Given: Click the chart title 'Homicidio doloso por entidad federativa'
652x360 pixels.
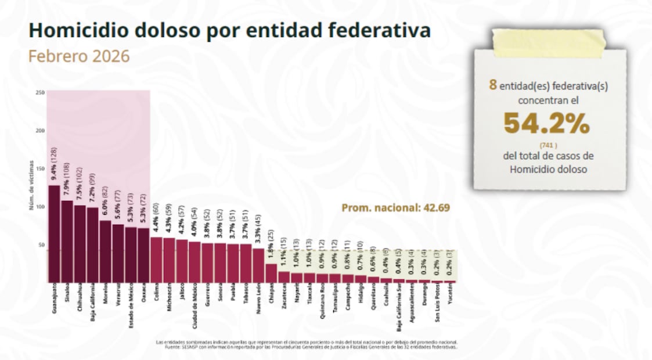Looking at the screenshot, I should pos(229,30).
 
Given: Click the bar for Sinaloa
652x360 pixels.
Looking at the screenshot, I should pos(67,241).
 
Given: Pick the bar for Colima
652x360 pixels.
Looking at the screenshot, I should pos(156,259).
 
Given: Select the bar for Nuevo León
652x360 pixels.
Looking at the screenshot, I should pos(258,265).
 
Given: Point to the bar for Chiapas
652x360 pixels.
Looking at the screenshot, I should pos(271,273).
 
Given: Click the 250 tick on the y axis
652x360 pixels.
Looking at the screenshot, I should pos(40,93).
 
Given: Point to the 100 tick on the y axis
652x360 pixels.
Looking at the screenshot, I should pos(40,207).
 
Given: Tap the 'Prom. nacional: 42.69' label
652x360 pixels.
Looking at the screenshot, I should pos(395,207).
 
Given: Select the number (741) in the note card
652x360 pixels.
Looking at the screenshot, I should pos(549,145).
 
